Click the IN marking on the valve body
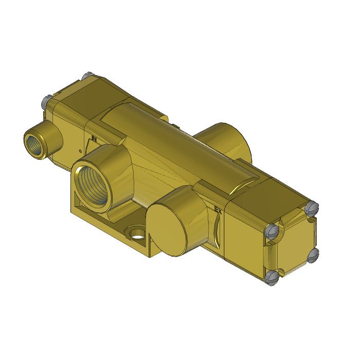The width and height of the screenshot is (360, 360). tap(94, 138)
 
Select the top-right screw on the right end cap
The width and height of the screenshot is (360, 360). tap(312, 208)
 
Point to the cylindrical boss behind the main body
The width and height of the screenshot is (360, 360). tap(226, 139)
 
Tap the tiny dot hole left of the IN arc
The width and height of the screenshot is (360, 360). tap(81, 151)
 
